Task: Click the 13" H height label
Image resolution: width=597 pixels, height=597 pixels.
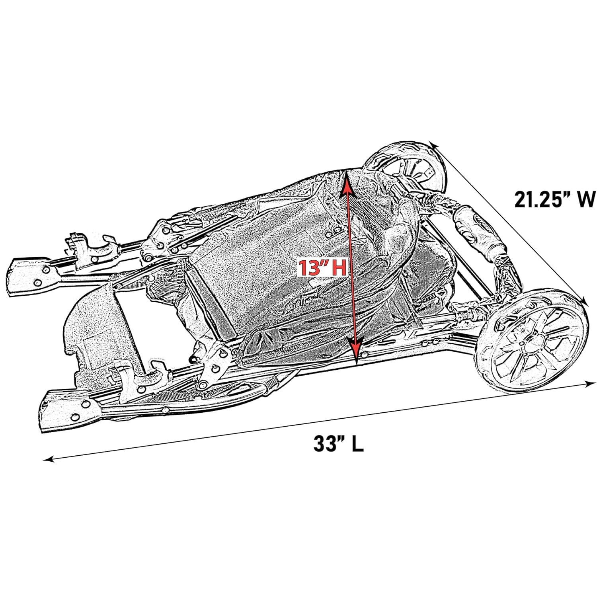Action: [x=323, y=268]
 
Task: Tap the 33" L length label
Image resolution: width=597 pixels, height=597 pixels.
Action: [x=338, y=444]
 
